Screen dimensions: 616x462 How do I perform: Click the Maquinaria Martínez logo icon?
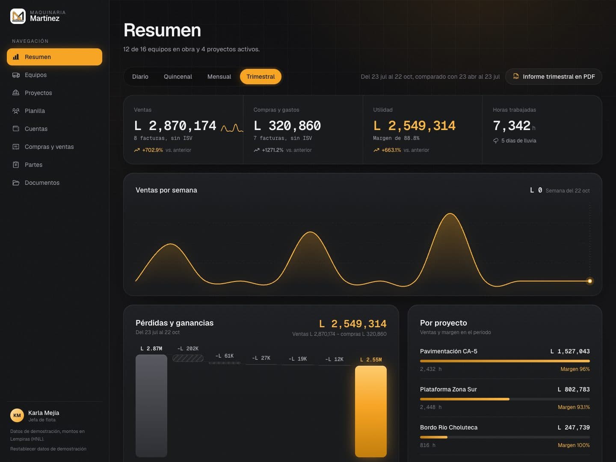click(x=18, y=16)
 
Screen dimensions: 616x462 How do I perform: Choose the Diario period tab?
click(x=140, y=77)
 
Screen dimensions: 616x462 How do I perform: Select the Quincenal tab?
click(x=178, y=77)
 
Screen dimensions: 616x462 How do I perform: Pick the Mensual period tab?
click(x=219, y=77)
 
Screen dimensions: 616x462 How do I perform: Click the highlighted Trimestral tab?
click(x=261, y=77)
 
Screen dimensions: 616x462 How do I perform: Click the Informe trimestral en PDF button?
click(x=554, y=77)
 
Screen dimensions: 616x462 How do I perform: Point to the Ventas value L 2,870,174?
click(x=175, y=126)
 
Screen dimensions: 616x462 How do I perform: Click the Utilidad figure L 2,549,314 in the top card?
click(x=414, y=126)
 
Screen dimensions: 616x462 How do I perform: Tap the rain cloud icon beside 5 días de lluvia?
click(x=496, y=141)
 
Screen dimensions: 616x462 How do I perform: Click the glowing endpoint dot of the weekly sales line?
click(x=589, y=281)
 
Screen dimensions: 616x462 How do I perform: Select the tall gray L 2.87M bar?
click(x=151, y=406)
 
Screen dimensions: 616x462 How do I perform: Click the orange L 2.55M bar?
click(x=371, y=411)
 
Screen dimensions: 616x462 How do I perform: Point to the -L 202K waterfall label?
click(x=188, y=349)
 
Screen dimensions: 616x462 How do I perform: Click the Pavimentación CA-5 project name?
click(x=448, y=351)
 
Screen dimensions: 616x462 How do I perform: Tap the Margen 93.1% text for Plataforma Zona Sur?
click(x=574, y=407)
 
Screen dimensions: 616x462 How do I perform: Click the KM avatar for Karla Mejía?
click(x=17, y=415)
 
